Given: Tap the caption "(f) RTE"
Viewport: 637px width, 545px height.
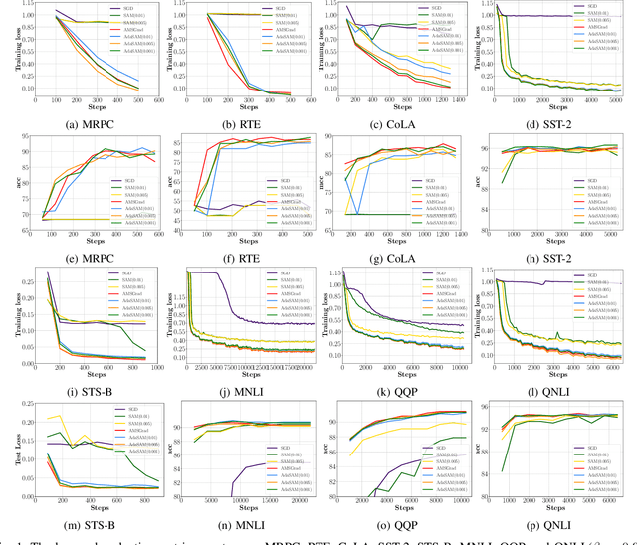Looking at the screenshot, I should [x=243, y=255].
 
